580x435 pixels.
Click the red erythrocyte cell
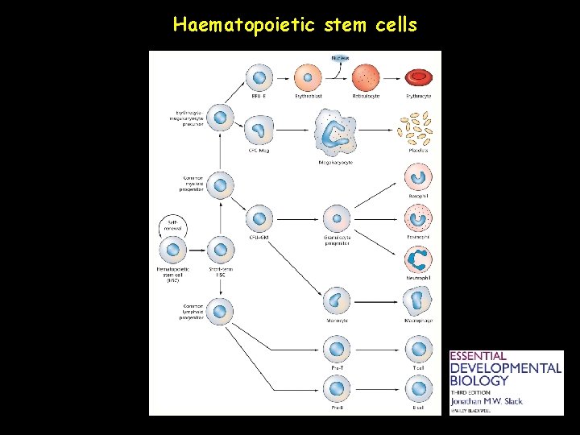tap(418, 77)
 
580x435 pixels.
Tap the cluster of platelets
tap(416, 127)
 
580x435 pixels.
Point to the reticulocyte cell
tap(367, 78)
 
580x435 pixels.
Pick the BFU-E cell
tap(259, 78)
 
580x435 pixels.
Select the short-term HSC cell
tap(221, 251)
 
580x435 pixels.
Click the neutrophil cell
tap(418, 259)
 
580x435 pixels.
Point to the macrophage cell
tap(418, 300)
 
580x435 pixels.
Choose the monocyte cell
tap(337, 300)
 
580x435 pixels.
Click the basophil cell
tap(418, 176)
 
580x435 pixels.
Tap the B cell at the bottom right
tap(418, 390)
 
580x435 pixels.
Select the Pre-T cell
tap(337, 350)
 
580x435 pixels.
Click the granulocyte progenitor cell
tap(337, 217)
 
